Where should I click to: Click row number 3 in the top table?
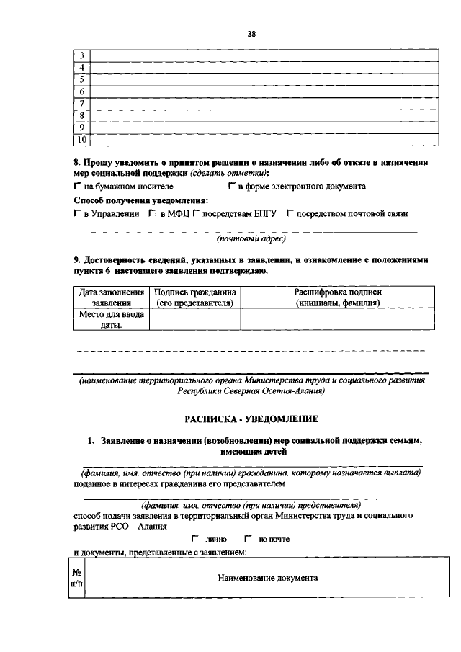[81, 55]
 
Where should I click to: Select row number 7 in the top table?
[81, 103]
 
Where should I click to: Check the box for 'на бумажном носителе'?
[77, 187]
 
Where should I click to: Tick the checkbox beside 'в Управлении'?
[77, 214]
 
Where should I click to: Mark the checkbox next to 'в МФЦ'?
[153, 214]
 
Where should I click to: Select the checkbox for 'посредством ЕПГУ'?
[196, 214]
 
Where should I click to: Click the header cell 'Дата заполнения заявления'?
[110, 298]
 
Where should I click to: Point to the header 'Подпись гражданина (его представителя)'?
[194, 298]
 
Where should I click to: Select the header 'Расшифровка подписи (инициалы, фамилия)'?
[337, 298]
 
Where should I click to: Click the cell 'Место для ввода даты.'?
[110, 319]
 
